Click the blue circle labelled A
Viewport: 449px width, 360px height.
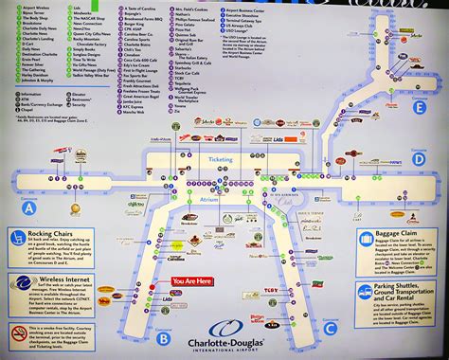[29, 206]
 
